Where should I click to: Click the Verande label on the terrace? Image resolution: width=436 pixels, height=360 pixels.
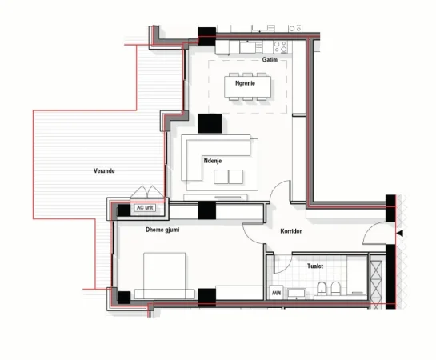coord(103,170)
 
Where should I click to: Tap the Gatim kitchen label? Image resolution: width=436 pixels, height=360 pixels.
coord(270,60)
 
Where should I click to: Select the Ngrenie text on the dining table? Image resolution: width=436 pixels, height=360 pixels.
coord(245,83)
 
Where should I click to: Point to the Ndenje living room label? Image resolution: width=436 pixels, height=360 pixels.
coord(213,162)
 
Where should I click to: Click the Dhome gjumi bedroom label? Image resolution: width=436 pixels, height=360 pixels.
coord(162,230)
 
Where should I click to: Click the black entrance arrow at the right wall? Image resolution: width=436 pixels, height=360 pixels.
coord(401,233)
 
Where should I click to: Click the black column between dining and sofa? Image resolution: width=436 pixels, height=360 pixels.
coord(210,124)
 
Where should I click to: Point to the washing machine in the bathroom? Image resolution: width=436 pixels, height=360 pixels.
coord(277,293)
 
